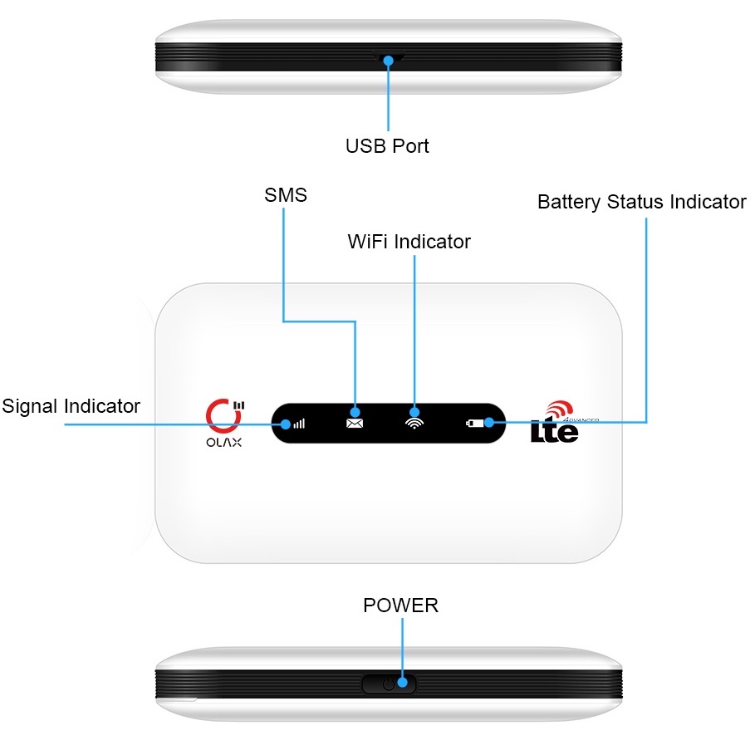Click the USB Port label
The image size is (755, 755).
387,146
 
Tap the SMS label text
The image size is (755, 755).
286,195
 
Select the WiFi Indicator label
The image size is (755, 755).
409,242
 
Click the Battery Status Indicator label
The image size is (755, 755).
641,202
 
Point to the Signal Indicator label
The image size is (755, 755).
71,406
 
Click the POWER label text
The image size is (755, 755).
400,605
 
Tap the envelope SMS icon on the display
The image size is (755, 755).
355,422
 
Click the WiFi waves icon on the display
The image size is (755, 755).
413,422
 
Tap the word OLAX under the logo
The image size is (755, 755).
224,444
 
